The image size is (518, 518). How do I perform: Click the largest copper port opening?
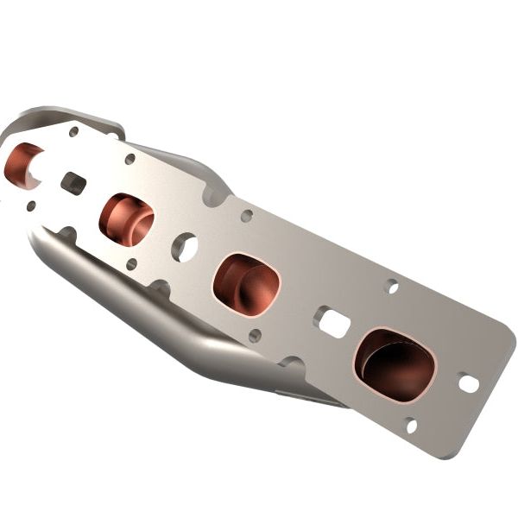(x=395, y=363)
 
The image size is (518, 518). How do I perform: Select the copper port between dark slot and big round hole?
(x=126, y=219)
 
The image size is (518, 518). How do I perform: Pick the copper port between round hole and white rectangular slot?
(x=247, y=283)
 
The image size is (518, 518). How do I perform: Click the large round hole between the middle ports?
(x=184, y=247)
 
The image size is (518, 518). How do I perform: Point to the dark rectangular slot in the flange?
(x=73, y=183)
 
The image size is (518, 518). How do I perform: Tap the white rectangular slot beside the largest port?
(x=333, y=323)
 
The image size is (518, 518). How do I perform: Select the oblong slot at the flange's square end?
(x=469, y=382)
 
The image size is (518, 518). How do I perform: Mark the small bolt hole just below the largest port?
(x=411, y=425)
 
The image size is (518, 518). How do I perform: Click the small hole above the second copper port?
(x=129, y=159)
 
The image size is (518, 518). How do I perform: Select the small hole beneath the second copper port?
(x=131, y=264)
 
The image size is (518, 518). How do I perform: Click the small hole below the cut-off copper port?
(x=31, y=205)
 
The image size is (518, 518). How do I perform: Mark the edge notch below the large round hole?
(x=161, y=286)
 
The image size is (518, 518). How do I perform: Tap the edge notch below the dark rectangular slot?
(x=66, y=232)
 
